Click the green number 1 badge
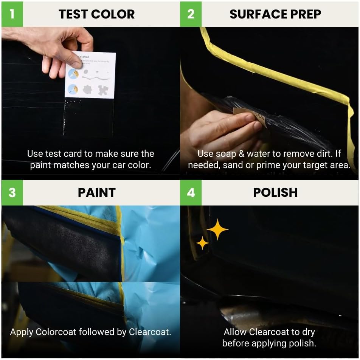click(x=12, y=14)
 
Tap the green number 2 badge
click(x=191, y=14)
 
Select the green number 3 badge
click(x=12, y=192)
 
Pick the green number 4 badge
click(x=191, y=192)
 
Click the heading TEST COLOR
click(x=97, y=14)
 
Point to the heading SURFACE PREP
click(x=275, y=14)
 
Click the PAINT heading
click(x=97, y=193)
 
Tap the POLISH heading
click(x=275, y=193)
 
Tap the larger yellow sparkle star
click(x=217, y=229)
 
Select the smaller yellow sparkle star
click(x=202, y=243)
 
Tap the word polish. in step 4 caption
click(x=303, y=343)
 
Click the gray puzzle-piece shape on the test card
click(x=102, y=90)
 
